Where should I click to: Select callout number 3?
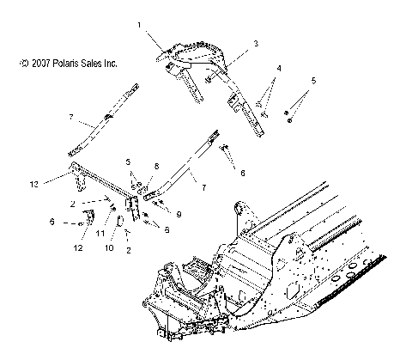(x=231, y=42)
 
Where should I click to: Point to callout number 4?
(x=277, y=67)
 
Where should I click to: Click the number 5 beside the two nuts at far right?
(x=313, y=81)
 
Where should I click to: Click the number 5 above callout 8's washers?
(x=129, y=162)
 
